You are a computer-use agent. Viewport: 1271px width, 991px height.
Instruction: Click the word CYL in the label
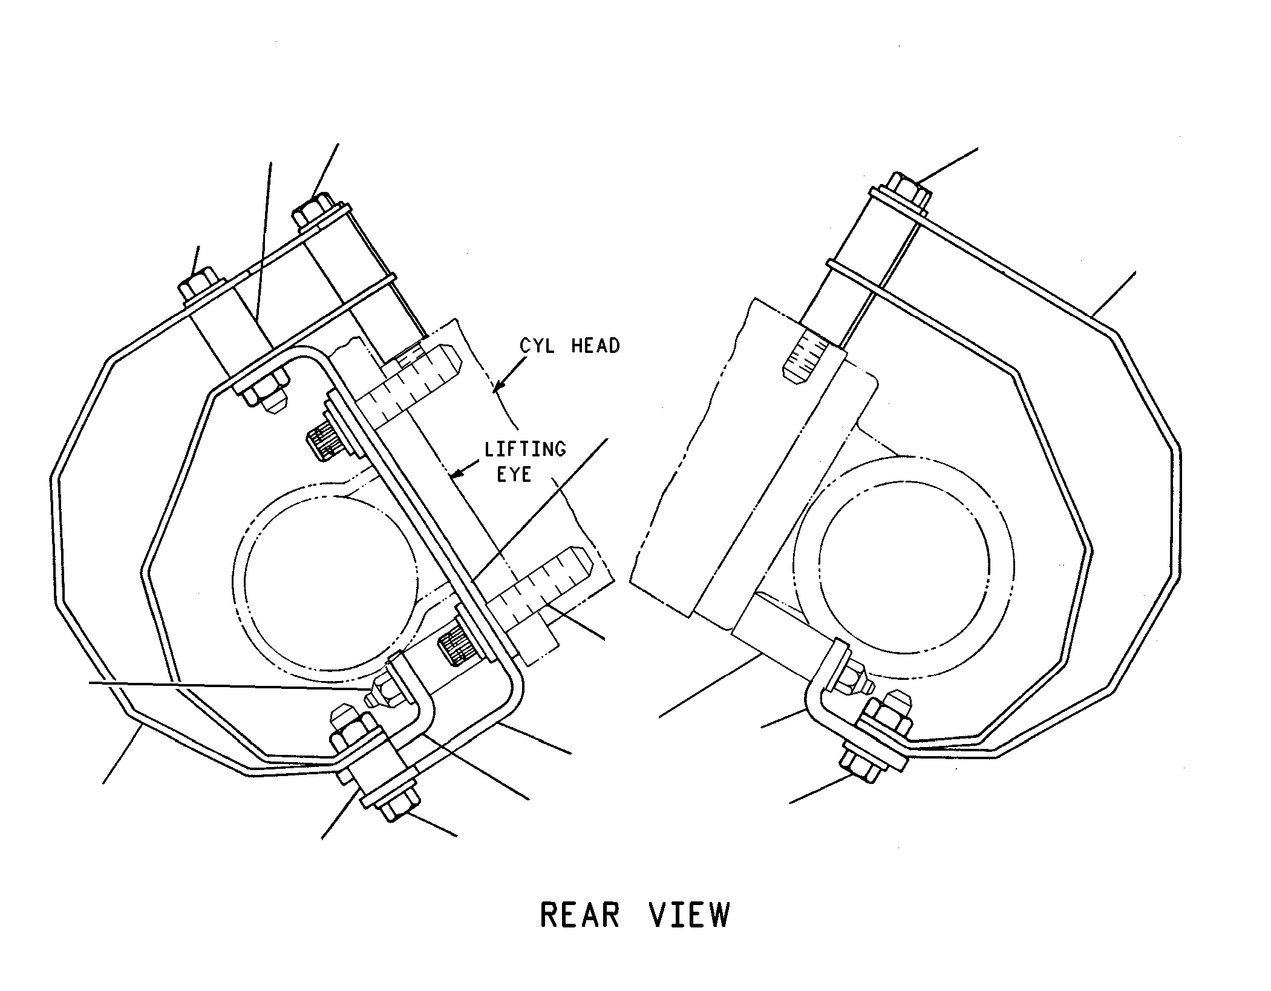click(538, 346)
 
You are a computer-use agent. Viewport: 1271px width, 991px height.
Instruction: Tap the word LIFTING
click(525, 449)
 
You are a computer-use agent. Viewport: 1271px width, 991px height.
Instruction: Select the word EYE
click(514, 475)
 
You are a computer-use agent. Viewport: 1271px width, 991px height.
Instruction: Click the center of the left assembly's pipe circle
click(325, 579)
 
